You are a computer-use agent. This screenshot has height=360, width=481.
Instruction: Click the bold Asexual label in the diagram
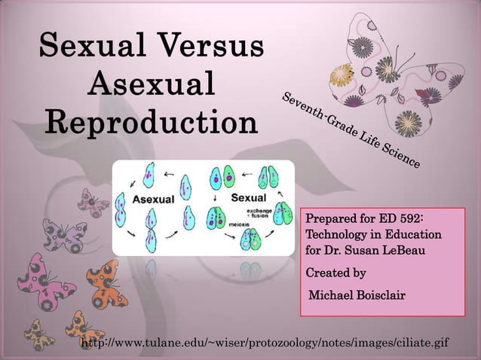(x=154, y=200)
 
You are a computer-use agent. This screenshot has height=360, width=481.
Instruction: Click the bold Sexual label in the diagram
(x=248, y=198)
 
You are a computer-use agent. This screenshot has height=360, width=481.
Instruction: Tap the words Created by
(x=335, y=273)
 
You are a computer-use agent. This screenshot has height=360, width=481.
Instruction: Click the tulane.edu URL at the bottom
(x=264, y=343)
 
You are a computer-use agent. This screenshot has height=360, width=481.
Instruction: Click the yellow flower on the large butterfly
(x=349, y=73)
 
